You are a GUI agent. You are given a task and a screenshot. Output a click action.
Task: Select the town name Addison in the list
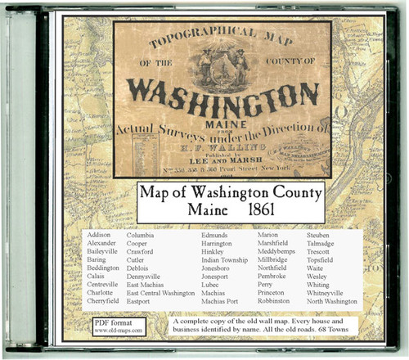[98, 236]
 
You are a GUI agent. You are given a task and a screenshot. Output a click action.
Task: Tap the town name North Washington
[332, 301]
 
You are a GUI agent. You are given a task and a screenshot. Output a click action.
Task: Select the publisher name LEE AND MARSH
[226, 160]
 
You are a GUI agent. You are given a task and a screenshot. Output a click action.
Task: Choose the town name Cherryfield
[104, 301]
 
